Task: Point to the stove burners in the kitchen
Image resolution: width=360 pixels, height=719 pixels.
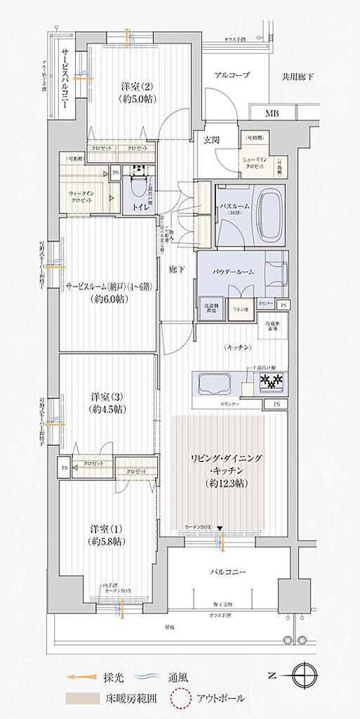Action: [269, 383]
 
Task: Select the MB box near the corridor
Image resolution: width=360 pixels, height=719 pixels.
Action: [271, 113]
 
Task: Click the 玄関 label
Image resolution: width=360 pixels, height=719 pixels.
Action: [212, 140]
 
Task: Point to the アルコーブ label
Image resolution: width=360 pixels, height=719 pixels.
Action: [232, 75]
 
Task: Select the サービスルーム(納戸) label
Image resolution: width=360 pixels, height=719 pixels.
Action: [109, 286]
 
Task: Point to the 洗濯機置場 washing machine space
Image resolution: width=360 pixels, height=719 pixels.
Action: [211, 310]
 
